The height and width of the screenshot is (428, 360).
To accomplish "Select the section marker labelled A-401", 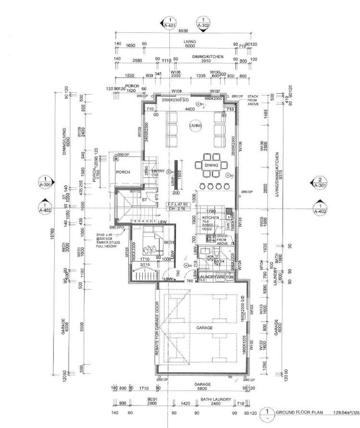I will click(170, 24).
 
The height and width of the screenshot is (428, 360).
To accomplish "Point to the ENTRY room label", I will click(158, 171).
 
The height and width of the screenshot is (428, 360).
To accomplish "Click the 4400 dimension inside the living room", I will click(190, 110).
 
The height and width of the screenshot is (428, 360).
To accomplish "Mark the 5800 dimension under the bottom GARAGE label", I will click(202, 389).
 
